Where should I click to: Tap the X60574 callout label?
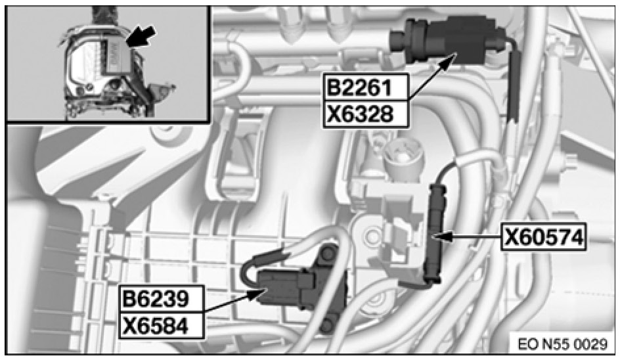[x=543, y=237]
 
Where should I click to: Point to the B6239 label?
[x=160, y=299]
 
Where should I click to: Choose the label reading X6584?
[x=160, y=325]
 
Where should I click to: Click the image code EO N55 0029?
[x=563, y=343]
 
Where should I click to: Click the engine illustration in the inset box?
[x=105, y=72]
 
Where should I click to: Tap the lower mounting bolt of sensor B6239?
[x=328, y=323]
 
